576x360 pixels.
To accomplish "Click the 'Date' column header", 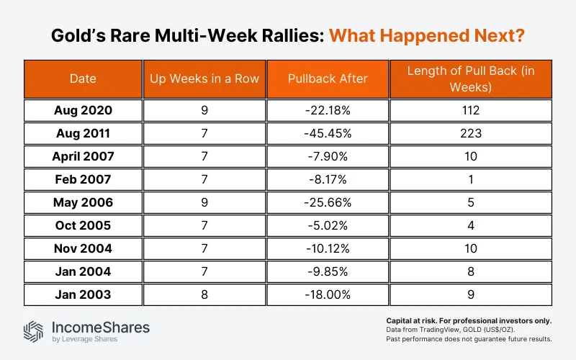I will coord(84,79).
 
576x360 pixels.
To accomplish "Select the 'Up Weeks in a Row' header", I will coord(204,79).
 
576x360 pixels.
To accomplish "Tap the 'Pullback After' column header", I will coord(327,79).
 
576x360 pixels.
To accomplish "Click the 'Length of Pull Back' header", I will coord(470,79).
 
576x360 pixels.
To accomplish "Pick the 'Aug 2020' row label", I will coord(84,110).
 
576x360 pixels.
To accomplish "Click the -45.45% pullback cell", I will coord(327,133).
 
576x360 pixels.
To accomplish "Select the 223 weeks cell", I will coord(470,133).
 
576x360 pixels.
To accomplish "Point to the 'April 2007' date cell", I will coord(84,156).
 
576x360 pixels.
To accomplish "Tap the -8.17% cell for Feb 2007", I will coord(327,179).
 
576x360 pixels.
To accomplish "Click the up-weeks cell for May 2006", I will coord(204,202).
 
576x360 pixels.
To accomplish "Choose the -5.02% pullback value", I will coord(327,225).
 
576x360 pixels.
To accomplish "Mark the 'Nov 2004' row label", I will coord(84,248).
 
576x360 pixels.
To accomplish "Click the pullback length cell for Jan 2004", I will coord(470,271).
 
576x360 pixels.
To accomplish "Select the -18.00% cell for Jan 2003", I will coord(327,294).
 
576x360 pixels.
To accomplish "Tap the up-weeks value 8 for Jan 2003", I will coord(204,294).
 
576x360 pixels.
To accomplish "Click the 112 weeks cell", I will coord(470,110).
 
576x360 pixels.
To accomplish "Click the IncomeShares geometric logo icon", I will coord(34,330).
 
